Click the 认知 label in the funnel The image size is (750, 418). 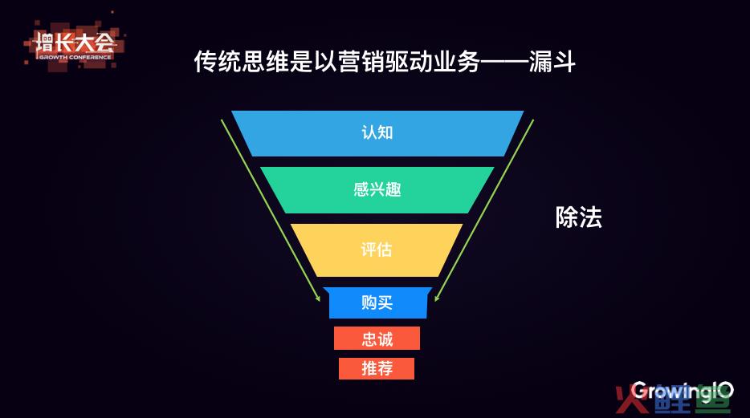(377, 132)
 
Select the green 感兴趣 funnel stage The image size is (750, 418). (377, 189)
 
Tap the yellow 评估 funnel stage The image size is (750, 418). (377, 250)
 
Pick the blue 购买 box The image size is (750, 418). (377, 302)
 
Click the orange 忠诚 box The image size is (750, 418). (377, 339)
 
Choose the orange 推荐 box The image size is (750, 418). (377, 369)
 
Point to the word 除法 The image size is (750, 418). (578, 217)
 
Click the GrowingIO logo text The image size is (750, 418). (682, 392)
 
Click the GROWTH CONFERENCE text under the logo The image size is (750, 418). (75, 57)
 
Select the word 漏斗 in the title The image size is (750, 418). (552, 62)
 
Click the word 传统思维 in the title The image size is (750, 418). (242, 62)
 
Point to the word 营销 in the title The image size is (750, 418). (361, 62)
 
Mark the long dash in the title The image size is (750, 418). (504, 63)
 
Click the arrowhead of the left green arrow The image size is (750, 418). (318, 298)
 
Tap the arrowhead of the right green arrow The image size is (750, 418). (436, 298)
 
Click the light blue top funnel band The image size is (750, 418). (377, 133)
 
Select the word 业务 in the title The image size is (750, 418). (457, 62)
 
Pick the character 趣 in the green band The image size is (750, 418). (393, 189)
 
